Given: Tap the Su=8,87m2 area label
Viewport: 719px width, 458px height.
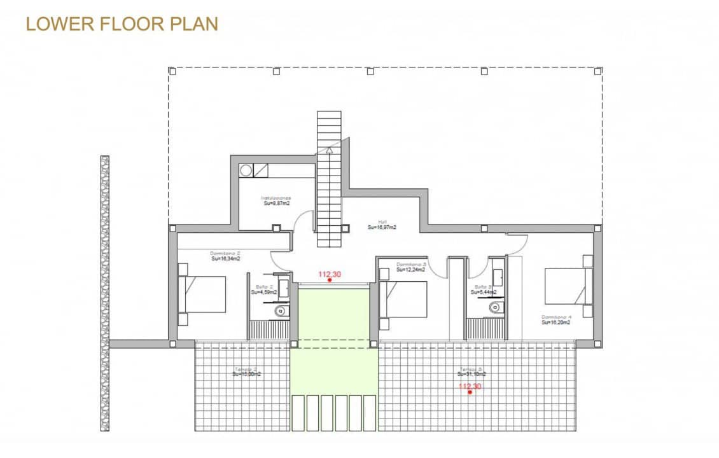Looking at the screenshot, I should pyautogui.click(x=277, y=204).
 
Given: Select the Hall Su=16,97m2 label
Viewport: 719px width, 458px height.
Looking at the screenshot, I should pyautogui.click(x=382, y=226).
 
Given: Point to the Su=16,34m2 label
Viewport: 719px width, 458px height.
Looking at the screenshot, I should pyautogui.click(x=226, y=259).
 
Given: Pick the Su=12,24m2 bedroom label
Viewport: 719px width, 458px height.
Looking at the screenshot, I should pyautogui.click(x=410, y=270).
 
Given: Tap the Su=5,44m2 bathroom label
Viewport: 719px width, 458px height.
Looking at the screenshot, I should pyautogui.click(x=484, y=293).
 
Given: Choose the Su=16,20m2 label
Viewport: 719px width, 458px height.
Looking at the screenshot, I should pyautogui.click(x=555, y=323).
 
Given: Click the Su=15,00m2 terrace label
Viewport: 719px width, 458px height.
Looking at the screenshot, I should pyautogui.click(x=246, y=374).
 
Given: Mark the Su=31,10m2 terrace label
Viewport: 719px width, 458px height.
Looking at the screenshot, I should pyautogui.click(x=471, y=374).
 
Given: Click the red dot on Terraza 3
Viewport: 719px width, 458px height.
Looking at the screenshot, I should pyautogui.click(x=470, y=392).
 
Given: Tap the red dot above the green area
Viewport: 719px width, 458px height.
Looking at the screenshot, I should pyautogui.click(x=329, y=280).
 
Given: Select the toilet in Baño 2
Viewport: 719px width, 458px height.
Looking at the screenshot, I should pyautogui.click(x=281, y=311).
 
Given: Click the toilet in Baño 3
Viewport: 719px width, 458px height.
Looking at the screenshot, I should pyautogui.click(x=496, y=308).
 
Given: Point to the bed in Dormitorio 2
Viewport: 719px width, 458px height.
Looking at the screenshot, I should pyautogui.click(x=204, y=294).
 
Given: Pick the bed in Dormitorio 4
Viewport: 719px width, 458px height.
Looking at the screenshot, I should pyautogui.click(x=566, y=286).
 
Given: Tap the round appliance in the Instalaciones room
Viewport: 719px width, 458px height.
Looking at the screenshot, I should pyautogui.click(x=246, y=170).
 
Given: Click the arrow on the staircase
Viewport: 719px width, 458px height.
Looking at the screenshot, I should pyautogui.click(x=330, y=151).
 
